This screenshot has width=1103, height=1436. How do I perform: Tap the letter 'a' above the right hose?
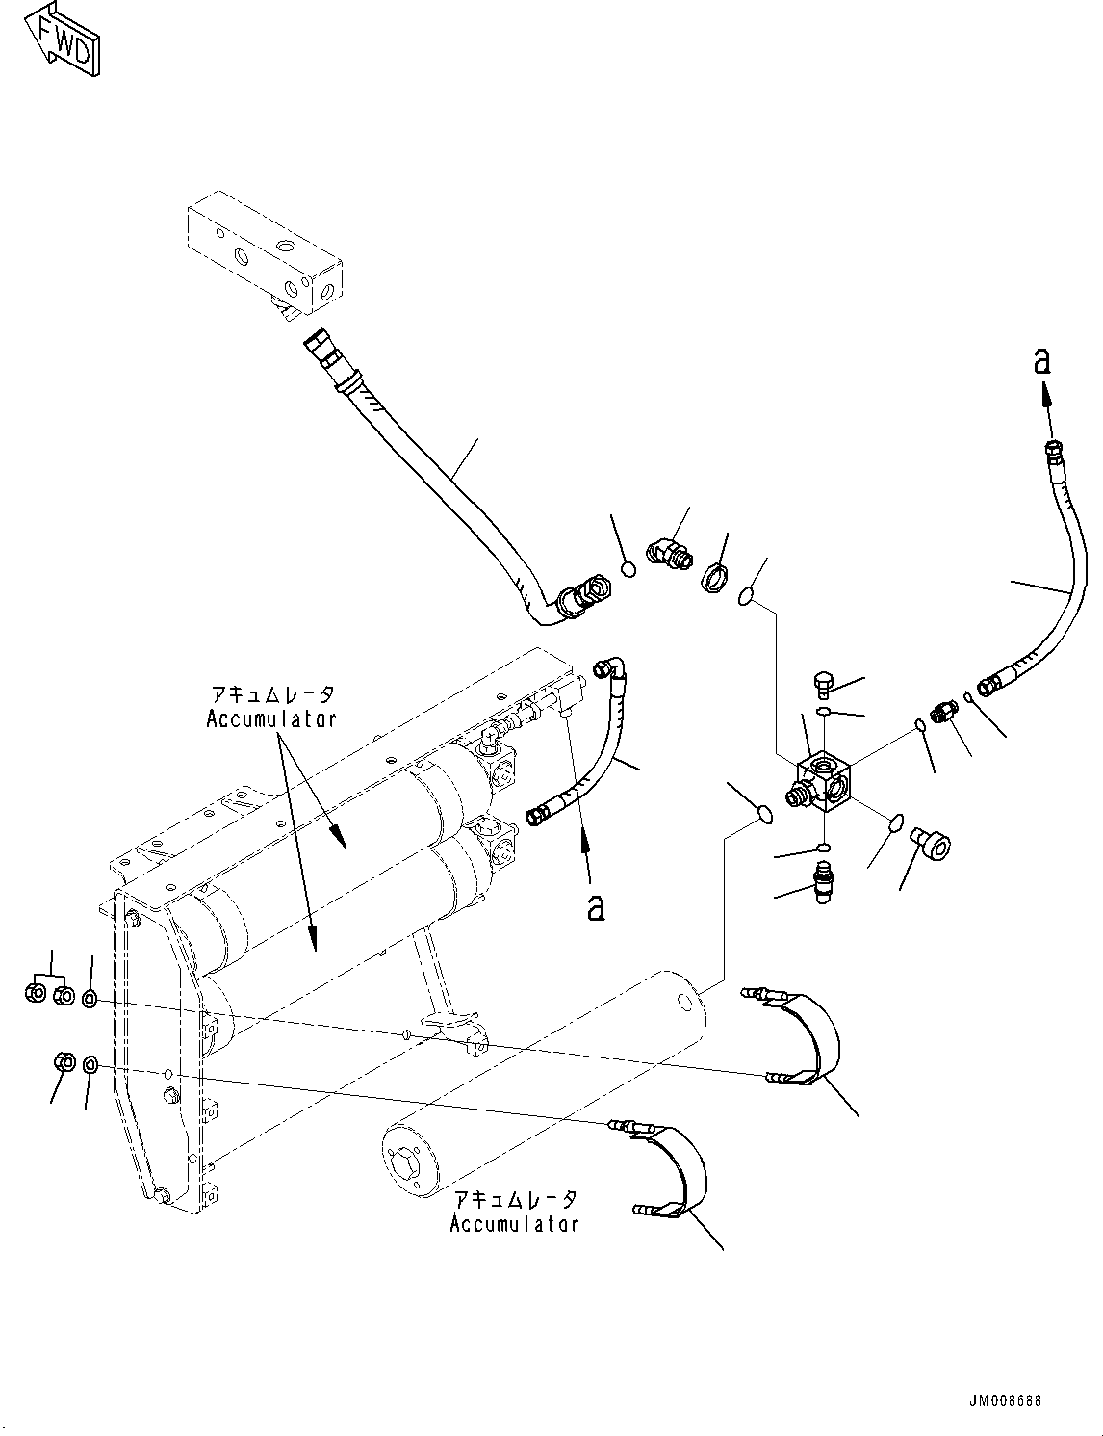click(x=1041, y=361)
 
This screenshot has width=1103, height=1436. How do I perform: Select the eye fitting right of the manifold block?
click(x=933, y=845)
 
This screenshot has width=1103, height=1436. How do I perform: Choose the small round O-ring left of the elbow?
click(x=628, y=569)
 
